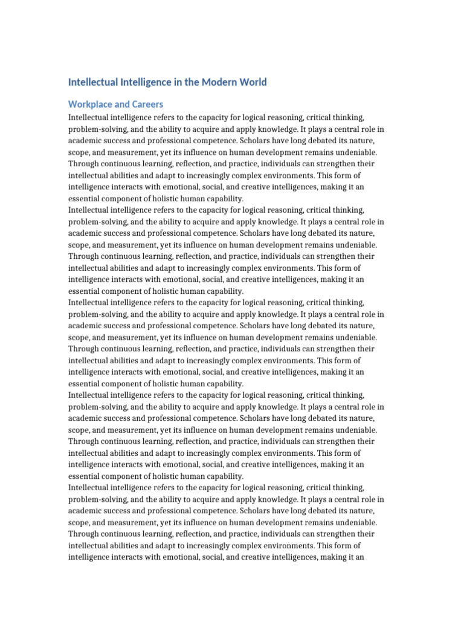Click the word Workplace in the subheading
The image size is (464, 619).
point(92,104)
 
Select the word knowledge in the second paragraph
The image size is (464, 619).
point(268,222)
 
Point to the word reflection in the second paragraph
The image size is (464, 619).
point(195,256)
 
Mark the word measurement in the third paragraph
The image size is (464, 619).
point(126,337)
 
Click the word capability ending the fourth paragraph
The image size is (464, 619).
point(222,476)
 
